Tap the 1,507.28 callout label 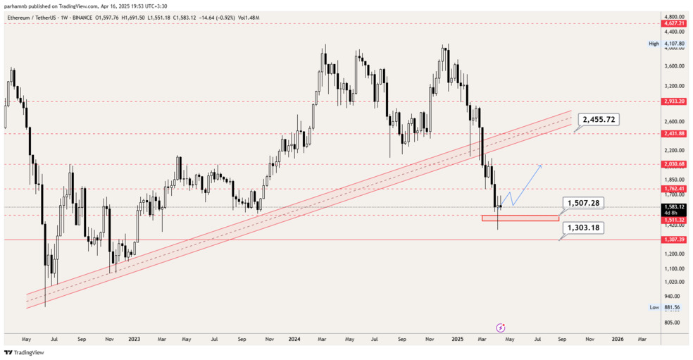(584, 203)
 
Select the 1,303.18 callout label (582, 228)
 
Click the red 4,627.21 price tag (674, 23)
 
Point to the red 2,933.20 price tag (674, 101)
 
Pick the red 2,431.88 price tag (674, 133)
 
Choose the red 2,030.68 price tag (674, 164)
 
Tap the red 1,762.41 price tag (674, 189)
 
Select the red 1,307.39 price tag (674, 240)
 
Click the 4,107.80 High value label (674, 44)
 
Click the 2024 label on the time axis (295, 339)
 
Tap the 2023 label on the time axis (135, 339)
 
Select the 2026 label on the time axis (617, 339)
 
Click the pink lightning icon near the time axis (501, 328)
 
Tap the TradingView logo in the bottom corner (24, 352)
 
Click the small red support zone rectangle (520, 218)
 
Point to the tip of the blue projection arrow (541, 165)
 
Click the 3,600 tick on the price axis (673, 66)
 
